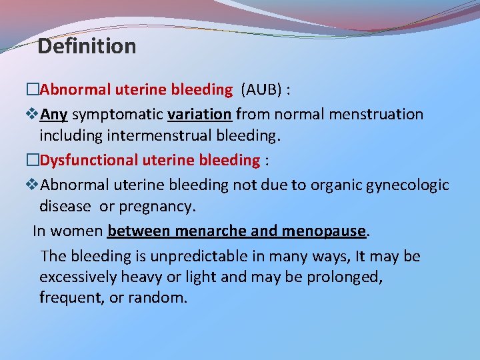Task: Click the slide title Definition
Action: (87, 46)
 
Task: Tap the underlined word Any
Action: (54, 114)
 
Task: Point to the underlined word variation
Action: (200, 114)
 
